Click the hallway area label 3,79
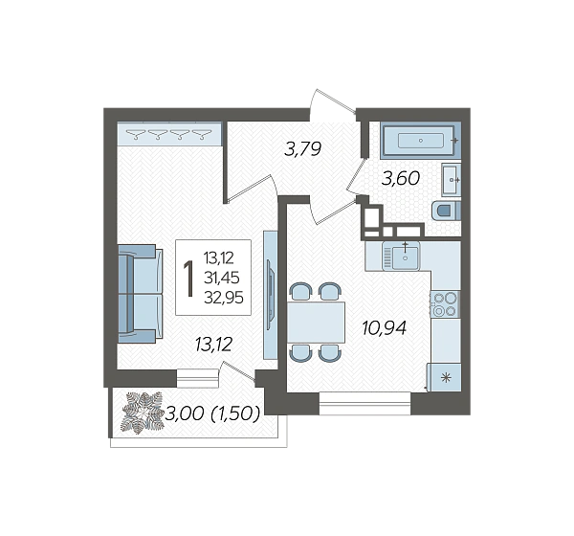click(x=302, y=149)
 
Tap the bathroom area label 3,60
click(x=401, y=178)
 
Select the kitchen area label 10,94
click(x=384, y=328)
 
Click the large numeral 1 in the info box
click(x=188, y=279)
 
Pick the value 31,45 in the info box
click(x=222, y=279)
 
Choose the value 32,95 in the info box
click(x=224, y=298)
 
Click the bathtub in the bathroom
click(x=420, y=141)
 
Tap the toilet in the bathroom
click(x=446, y=211)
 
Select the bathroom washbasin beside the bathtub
click(x=451, y=180)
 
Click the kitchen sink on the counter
click(x=401, y=256)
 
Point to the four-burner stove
click(x=445, y=304)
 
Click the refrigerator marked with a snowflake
click(x=445, y=377)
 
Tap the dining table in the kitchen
click(x=317, y=323)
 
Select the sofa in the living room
click(x=141, y=294)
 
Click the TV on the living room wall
click(x=270, y=295)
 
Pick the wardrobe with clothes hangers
click(x=169, y=134)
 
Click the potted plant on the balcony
click(x=142, y=413)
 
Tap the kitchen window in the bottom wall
click(x=364, y=403)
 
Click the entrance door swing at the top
click(x=332, y=104)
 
